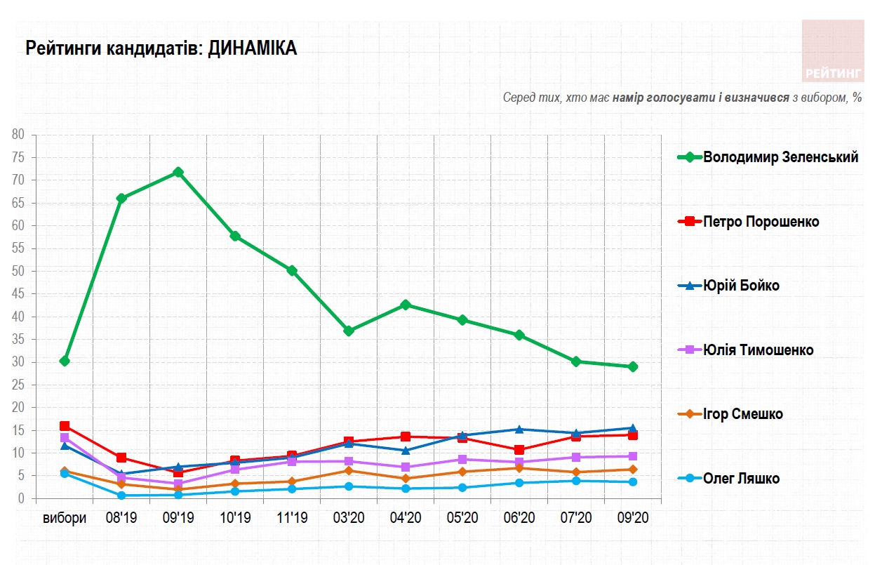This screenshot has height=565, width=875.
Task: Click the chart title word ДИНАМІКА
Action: (x=253, y=48)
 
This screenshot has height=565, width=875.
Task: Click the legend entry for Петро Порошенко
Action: (x=761, y=222)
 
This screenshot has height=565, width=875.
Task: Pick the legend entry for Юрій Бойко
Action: (x=741, y=286)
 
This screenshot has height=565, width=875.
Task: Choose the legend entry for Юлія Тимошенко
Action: (x=758, y=350)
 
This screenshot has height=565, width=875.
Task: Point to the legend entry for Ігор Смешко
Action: (x=742, y=414)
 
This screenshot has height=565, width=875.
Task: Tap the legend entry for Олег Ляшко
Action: (x=741, y=479)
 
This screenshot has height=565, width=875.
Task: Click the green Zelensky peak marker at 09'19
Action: (x=178, y=172)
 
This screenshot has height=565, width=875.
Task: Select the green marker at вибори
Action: (x=65, y=361)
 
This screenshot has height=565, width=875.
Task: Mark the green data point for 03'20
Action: (x=349, y=331)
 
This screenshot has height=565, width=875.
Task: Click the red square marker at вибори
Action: (x=65, y=426)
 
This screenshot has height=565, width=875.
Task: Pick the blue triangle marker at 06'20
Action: (x=519, y=429)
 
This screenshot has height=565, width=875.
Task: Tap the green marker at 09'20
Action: (x=632, y=366)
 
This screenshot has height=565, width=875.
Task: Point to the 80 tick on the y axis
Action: (x=18, y=135)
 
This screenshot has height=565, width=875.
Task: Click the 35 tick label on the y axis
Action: (x=18, y=340)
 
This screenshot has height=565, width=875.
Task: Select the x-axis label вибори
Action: (x=65, y=518)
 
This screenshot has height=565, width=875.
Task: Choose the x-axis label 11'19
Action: (x=292, y=518)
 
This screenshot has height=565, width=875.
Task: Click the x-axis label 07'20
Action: (x=575, y=518)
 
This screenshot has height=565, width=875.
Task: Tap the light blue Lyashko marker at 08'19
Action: (x=121, y=496)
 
